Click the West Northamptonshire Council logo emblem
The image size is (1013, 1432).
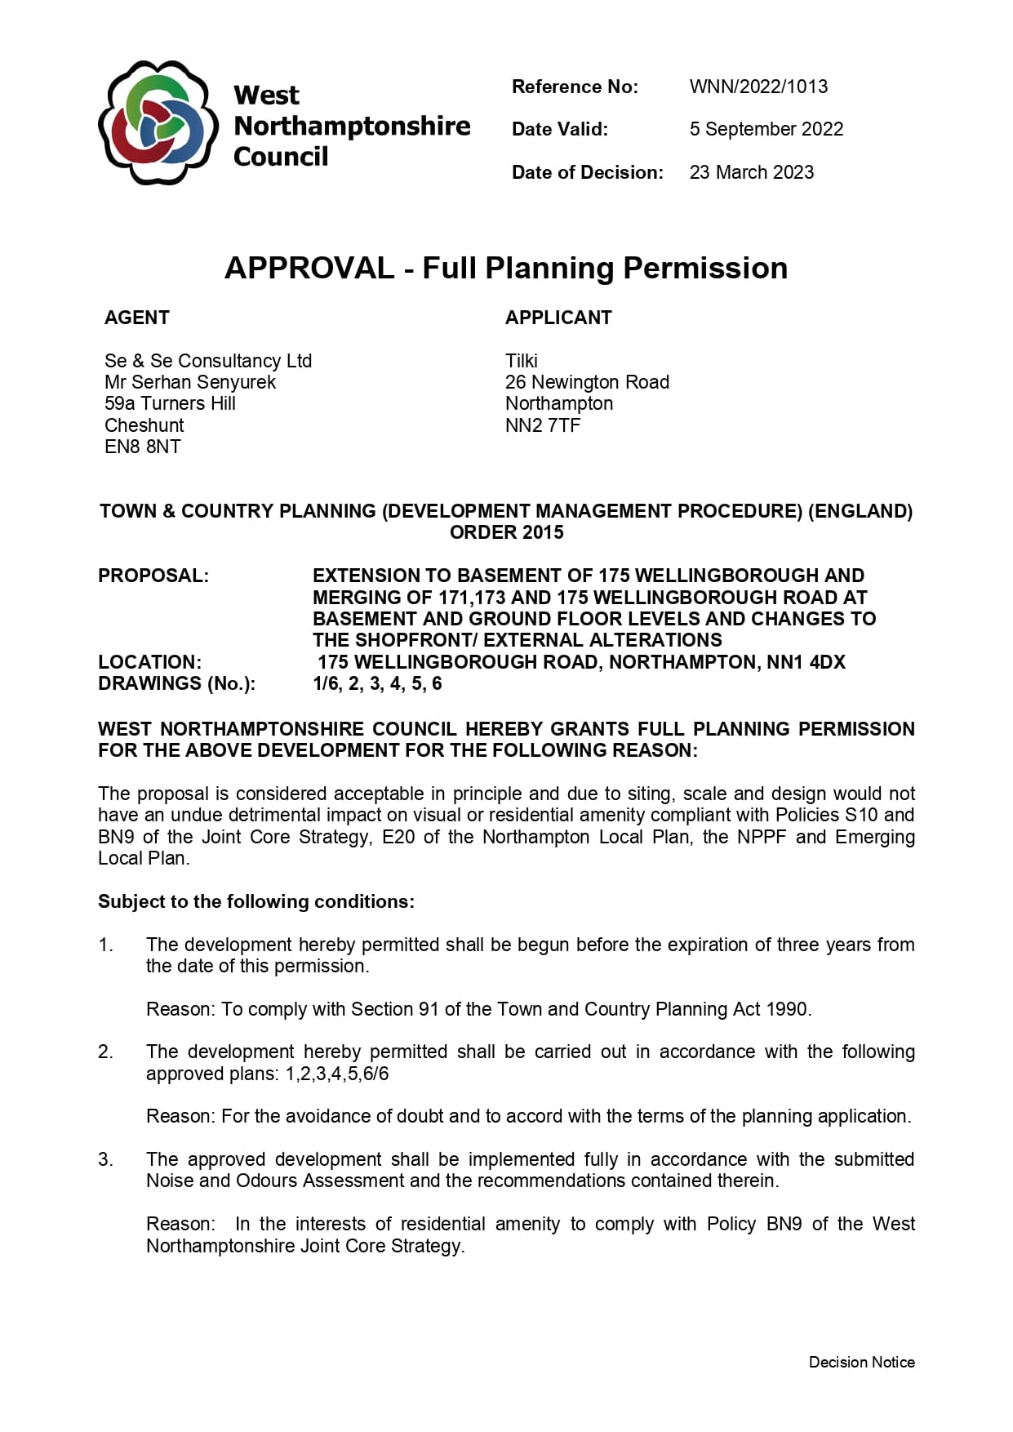[x=158, y=123]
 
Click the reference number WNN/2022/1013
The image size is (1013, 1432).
[x=758, y=87]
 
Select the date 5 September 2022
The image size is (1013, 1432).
[x=766, y=129]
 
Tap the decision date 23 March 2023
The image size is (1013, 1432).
[x=751, y=172]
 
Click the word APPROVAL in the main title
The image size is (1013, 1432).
[x=309, y=268]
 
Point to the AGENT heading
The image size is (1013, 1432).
[x=137, y=318]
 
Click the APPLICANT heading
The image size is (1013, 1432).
[x=558, y=318]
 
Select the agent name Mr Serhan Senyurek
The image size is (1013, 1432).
[x=190, y=382]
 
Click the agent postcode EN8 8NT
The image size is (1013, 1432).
[x=143, y=447]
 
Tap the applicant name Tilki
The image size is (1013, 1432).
[x=522, y=361]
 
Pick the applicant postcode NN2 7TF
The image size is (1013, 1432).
[x=543, y=425]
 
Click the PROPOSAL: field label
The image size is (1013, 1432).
[x=153, y=576]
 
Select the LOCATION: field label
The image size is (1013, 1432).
[x=150, y=662]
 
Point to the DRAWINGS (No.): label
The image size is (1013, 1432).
[x=176, y=683]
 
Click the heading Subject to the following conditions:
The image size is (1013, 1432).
[x=256, y=901]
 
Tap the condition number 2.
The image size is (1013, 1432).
[x=106, y=1052]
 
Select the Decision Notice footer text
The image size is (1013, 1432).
[x=861, y=1362]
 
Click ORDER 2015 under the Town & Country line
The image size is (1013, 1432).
[x=506, y=532]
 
